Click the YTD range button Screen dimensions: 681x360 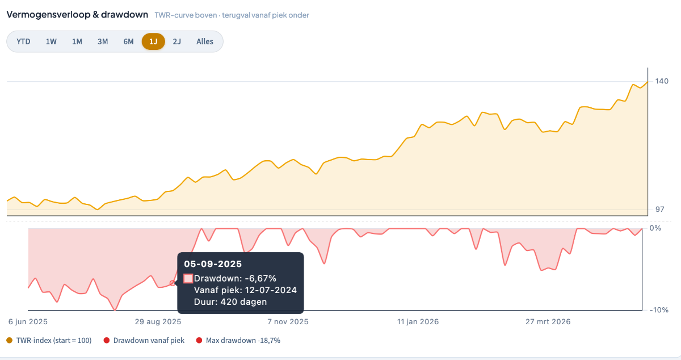[23, 41]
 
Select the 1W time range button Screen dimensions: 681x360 [51, 41]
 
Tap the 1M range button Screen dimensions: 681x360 [77, 41]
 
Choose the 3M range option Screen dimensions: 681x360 [103, 41]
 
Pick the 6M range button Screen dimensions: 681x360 [129, 41]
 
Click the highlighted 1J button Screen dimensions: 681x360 [153, 41]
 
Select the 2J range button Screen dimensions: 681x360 [177, 41]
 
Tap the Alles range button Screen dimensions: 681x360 [205, 41]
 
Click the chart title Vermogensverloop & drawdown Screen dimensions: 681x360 [77, 15]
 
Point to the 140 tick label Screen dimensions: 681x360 [662, 81]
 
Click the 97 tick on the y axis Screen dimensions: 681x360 [659, 210]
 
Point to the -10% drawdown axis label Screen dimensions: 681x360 [659, 310]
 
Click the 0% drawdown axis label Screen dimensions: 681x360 [655, 228]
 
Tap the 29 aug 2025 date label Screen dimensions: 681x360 [158, 321]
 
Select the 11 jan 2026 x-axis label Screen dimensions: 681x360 [418, 321]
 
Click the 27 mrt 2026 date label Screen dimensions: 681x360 [548, 321]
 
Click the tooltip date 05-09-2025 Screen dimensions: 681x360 [213, 264]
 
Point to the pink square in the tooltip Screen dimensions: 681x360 [188, 278]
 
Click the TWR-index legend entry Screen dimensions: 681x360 [49, 341]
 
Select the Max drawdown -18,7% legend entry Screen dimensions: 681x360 [238, 341]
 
